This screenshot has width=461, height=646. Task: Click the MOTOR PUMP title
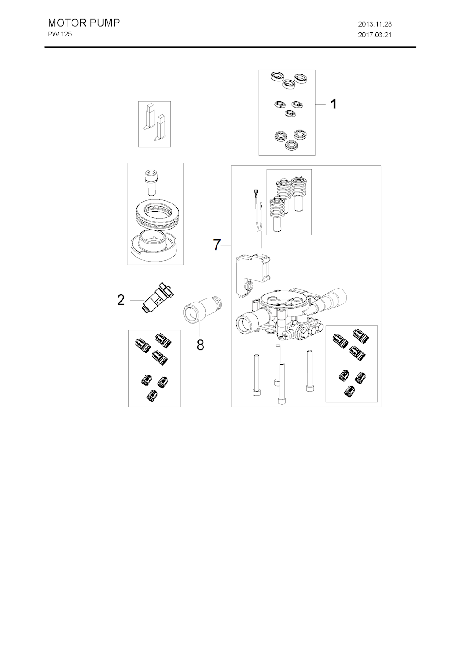[x=84, y=23]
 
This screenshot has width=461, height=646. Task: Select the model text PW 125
[x=60, y=34]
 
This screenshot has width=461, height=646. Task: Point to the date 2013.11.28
[x=375, y=24]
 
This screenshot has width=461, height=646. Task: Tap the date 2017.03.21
[x=375, y=35]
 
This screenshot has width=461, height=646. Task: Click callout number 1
[x=333, y=104]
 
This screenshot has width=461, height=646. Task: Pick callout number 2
[x=121, y=300]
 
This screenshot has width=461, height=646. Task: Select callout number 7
[x=217, y=245]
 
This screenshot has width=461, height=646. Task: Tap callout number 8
[x=200, y=345]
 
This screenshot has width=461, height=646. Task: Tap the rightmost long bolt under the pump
[x=309, y=370]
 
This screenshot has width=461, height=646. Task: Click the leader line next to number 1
[x=321, y=104]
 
